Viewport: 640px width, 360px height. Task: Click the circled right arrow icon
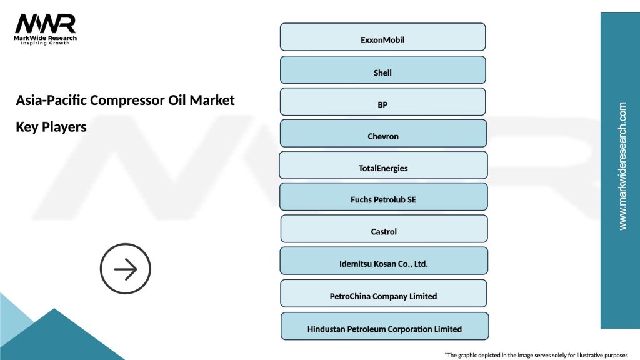(126, 269)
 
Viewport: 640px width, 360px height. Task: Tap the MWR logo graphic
(45, 24)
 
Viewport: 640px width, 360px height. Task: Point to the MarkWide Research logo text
(45, 38)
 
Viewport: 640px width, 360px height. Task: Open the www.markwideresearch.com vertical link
(622, 166)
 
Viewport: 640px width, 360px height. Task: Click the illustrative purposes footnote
(536, 354)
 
